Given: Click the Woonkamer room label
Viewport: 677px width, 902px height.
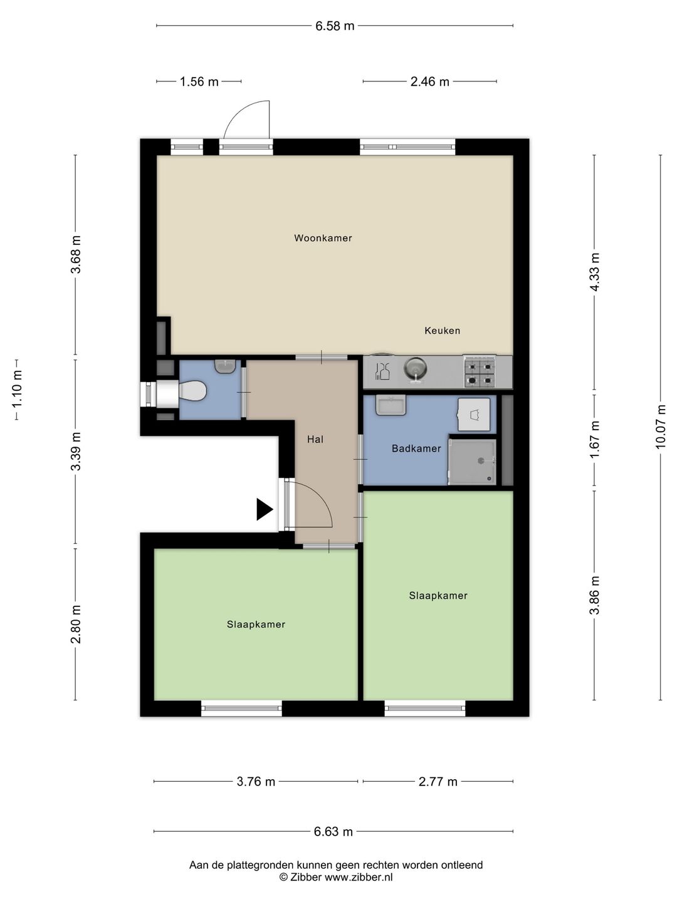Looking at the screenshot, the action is tap(323, 238).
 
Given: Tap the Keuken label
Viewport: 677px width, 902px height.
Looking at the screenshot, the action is tap(443, 330).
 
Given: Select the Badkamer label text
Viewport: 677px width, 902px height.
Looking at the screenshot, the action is tap(416, 448).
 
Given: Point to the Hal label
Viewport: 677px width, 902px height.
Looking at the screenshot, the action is tap(315, 439).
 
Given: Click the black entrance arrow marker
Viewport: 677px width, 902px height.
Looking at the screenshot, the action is tap(265, 509).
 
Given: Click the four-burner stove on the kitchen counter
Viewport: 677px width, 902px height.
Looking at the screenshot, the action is tap(480, 372).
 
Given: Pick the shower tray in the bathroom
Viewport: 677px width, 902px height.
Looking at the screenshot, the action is tap(472, 462).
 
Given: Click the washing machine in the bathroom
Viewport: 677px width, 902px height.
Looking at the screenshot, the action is tap(474, 414).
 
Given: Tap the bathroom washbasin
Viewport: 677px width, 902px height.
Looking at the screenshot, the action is tap(391, 405).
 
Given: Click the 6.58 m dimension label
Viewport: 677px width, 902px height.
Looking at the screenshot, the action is tap(335, 26).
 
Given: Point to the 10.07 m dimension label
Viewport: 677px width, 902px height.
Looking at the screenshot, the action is tap(661, 427).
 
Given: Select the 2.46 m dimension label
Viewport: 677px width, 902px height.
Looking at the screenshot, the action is tap(429, 82).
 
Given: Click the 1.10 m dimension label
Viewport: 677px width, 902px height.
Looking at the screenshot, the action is tap(17, 389).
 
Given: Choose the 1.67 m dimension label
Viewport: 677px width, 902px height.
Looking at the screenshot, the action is tap(594, 440).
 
